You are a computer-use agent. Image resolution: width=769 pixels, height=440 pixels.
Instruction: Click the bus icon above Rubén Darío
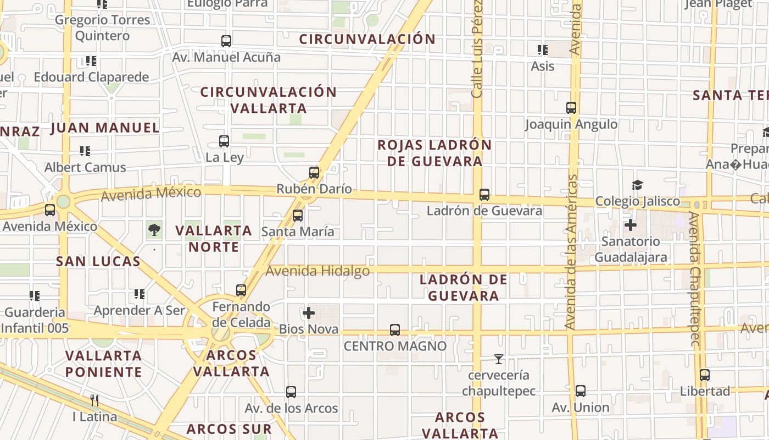click(314, 173)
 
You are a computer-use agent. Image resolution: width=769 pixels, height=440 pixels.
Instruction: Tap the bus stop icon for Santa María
click(298, 216)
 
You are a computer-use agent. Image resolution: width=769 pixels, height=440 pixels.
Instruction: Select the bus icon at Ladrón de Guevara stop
click(484, 195)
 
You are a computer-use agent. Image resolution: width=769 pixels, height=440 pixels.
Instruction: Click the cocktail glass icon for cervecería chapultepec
click(499, 360)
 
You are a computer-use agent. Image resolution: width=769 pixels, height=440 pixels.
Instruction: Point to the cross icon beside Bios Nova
click(309, 313)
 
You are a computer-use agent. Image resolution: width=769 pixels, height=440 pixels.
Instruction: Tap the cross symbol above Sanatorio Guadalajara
click(631, 225)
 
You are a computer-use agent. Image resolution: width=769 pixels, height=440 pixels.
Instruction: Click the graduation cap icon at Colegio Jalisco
click(637, 185)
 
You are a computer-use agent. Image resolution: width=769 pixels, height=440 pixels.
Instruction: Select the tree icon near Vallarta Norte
click(154, 230)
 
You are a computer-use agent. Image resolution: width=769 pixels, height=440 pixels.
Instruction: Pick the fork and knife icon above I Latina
click(94, 400)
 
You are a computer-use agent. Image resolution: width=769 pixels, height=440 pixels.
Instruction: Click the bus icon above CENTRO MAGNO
click(395, 330)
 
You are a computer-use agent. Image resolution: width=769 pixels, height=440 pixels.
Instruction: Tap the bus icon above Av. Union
click(581, 391)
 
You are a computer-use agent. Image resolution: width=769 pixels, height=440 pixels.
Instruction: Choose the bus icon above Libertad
click(705, 375)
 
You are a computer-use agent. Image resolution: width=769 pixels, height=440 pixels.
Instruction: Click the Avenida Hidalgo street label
click(317, 271)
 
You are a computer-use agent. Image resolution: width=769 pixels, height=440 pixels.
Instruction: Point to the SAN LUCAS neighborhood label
click(98, 261)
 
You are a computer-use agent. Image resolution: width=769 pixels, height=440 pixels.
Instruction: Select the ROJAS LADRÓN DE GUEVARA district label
click(434, 153)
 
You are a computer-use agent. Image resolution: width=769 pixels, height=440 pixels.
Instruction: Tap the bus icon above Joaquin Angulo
click(571, 108)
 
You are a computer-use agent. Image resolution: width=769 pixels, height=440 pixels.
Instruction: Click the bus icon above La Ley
click(224, 141)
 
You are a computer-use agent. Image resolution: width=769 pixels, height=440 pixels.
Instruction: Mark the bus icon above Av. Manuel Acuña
click(226, 41)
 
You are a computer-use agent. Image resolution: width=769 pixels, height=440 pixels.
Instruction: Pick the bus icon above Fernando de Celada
click(241, 290)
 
